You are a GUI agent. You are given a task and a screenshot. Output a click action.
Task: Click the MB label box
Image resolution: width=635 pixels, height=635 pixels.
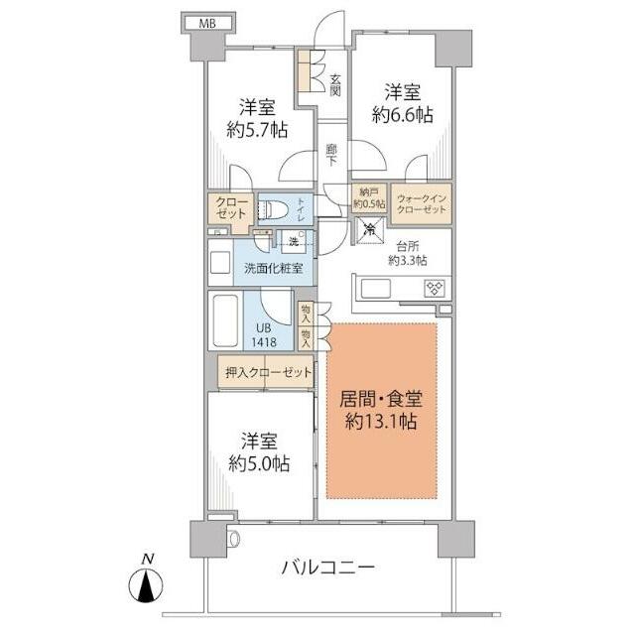206,22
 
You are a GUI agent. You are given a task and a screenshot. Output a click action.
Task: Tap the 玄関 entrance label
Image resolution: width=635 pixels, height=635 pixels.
336,85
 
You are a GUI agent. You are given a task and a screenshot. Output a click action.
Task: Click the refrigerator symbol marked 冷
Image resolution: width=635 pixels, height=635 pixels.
369,230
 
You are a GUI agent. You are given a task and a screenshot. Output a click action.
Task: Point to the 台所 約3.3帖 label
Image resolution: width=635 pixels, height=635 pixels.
407,253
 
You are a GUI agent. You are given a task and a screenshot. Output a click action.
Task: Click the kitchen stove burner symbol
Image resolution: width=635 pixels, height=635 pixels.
434,289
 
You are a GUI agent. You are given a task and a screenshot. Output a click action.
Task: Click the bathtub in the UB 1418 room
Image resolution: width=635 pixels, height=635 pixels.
224,319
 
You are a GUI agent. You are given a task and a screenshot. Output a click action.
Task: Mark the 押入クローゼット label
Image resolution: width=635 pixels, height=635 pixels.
266,373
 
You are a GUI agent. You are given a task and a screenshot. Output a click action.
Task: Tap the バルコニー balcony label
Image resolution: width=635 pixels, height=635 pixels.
328,568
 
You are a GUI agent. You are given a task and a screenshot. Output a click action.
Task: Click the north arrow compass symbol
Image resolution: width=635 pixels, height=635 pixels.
147,582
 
